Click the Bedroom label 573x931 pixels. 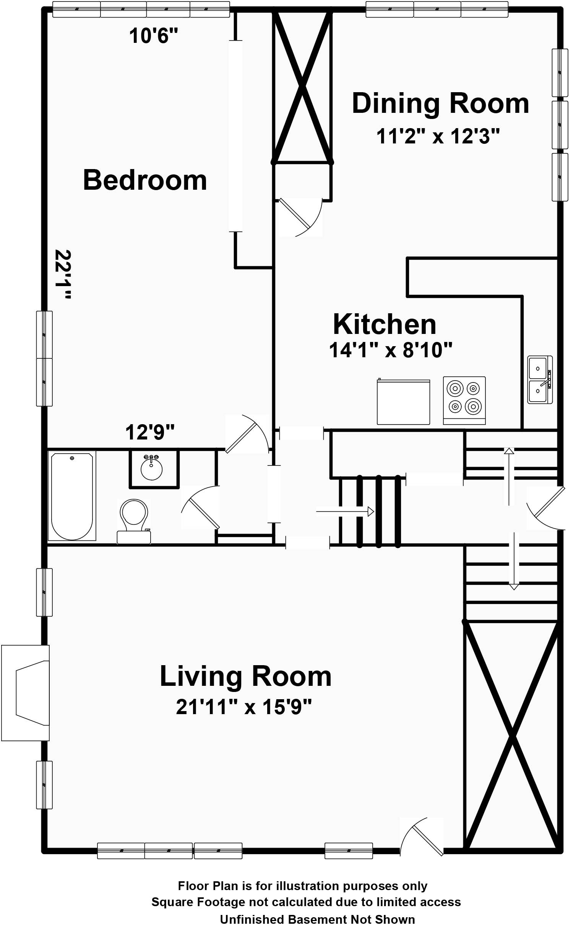[x=145, y=180]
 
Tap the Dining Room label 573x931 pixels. [x=440, y=103]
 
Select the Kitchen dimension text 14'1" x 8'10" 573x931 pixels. [x=391, y=350]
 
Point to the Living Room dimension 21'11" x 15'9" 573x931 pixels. [x=244, y=707]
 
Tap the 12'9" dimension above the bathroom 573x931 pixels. [x=150, y=432]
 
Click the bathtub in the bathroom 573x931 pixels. [x=72, y=496]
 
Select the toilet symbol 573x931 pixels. [x=134, y=521]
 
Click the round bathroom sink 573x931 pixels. [x=152, y=468]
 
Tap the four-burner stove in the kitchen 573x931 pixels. [x=464, y=400]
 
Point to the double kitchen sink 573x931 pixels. [x=540, y=379]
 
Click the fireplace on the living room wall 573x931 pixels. [x=26, y=693]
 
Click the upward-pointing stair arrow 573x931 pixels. [x=509, y=477]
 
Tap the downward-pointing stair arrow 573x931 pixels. [x=514, y=561]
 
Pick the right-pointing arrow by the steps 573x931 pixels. [x=345, y=511]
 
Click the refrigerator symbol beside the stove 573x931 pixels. [x=403, y=402]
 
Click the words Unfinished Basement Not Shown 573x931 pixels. [x=317, y=919]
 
